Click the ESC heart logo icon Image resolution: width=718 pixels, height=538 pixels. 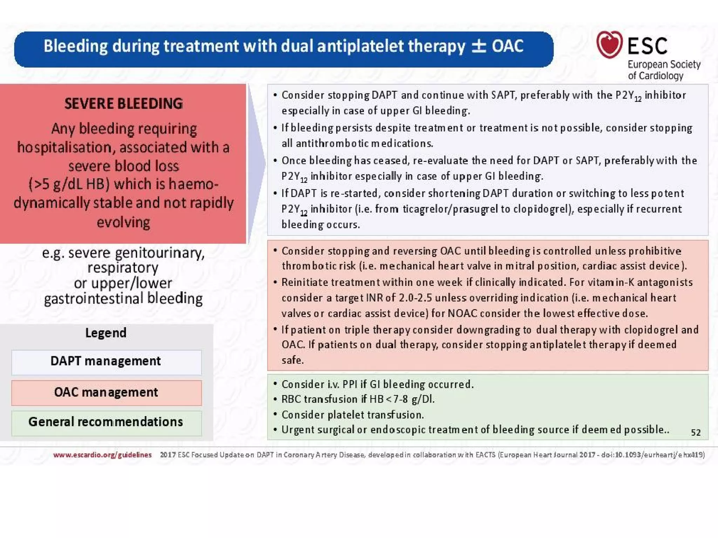(609, 44)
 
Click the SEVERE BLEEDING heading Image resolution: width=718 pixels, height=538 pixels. (123, 104)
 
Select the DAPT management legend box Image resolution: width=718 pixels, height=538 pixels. (106, 362)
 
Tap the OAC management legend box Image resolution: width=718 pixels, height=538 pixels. (106, 393)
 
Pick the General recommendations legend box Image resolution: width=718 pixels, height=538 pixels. (106, 422)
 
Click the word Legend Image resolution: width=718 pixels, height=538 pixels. (106, 333)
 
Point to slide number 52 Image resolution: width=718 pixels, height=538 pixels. (696, 433)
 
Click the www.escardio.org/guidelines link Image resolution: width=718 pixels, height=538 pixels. (102, 455)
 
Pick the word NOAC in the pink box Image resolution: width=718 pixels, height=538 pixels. (462, 313)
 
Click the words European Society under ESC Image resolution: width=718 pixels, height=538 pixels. (664, 65)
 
